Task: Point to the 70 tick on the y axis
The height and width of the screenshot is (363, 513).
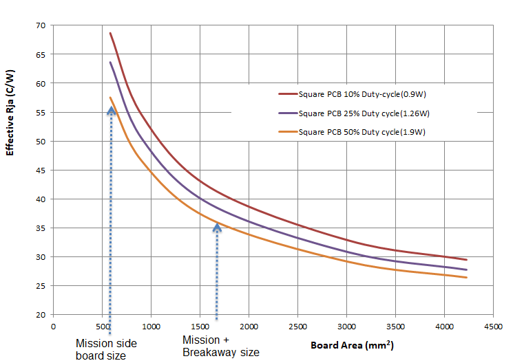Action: [x=40, y=25]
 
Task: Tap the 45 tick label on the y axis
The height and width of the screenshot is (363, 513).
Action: [x=40, y=170]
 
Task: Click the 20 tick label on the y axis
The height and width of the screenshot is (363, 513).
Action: [x=40, y=315]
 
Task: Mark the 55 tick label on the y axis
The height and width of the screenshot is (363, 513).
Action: [x=40, y=113]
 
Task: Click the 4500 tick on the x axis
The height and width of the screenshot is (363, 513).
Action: [x=492, y=327]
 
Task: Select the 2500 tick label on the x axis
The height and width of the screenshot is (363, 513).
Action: [x=297, y=327]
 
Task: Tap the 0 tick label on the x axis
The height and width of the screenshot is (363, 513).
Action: [x=53, y=327]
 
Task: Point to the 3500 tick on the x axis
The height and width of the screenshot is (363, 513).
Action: [x=395, y=327]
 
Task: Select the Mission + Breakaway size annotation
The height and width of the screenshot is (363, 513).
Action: [x=220, y=346]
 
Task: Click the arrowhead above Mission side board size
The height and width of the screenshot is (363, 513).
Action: [x=111, y=110]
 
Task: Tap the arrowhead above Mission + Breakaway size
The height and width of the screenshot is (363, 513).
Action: [x=217, y=226]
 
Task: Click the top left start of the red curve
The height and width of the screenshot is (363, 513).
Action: [x=110, y=33]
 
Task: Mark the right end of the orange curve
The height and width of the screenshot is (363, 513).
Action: [x=466, y=278]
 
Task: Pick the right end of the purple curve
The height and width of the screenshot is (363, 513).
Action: [x=466, y=269]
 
